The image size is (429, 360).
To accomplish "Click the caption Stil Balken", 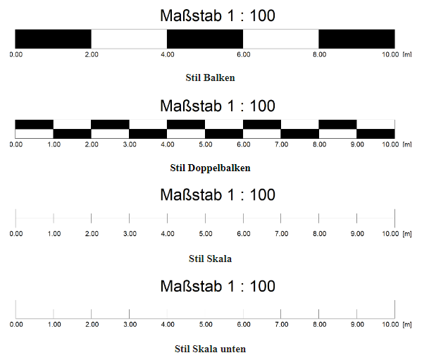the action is (210, 77).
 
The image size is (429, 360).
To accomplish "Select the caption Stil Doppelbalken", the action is (210, 168).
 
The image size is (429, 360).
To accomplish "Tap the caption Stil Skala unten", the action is (210, 349).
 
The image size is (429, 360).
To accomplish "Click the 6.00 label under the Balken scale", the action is (244, 54).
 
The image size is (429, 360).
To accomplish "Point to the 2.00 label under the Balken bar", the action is (92, 54).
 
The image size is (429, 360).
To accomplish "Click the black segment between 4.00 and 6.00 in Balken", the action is (205, 39).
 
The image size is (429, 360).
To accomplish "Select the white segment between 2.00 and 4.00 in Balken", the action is (129, 39).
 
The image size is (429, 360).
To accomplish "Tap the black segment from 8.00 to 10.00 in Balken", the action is (356, 39).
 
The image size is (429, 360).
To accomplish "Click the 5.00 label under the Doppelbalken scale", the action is (206, 144).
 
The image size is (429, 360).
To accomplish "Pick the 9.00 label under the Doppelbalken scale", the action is (357, 144).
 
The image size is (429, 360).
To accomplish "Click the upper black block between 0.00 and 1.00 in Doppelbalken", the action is (35, 124).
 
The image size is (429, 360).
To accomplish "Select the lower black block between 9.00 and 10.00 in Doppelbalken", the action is (375, 133).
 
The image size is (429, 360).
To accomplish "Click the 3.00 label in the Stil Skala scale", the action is (130, 234).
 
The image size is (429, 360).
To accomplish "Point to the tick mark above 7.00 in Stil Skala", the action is (280, 218).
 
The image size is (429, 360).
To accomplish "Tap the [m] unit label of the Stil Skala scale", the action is (407, 234).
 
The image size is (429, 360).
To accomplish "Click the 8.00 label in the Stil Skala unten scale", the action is (320, 325).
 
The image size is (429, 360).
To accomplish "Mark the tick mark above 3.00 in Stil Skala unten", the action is (129, 314).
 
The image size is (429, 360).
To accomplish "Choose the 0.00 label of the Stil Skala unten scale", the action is (16, 325).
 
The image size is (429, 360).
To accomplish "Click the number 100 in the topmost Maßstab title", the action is (262, 15).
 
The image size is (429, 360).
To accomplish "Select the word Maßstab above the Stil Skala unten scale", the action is (191, 287).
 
